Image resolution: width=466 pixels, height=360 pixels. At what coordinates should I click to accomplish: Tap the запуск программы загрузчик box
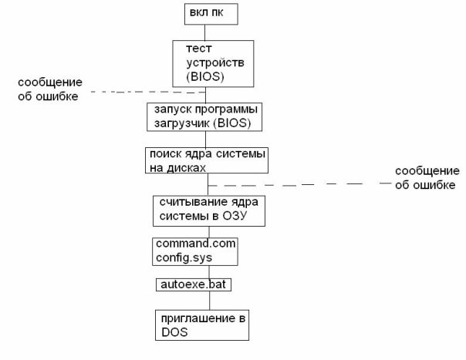pyautogui.click(x=203, y=116)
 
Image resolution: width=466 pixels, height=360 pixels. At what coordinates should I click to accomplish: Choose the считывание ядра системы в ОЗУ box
pyautogui.click(x=208, y=210)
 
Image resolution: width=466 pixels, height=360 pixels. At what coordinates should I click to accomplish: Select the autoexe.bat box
pyautogui.click(x=194, y=284)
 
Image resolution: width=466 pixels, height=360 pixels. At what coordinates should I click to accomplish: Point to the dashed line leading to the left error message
pyautogui.click(x=147, y=92)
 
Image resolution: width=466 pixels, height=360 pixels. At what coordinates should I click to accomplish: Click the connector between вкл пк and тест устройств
pyautogui.click(x=204, y=32)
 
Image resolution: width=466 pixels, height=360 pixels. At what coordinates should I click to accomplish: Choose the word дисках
pyautogui.click(x=189, y=167)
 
